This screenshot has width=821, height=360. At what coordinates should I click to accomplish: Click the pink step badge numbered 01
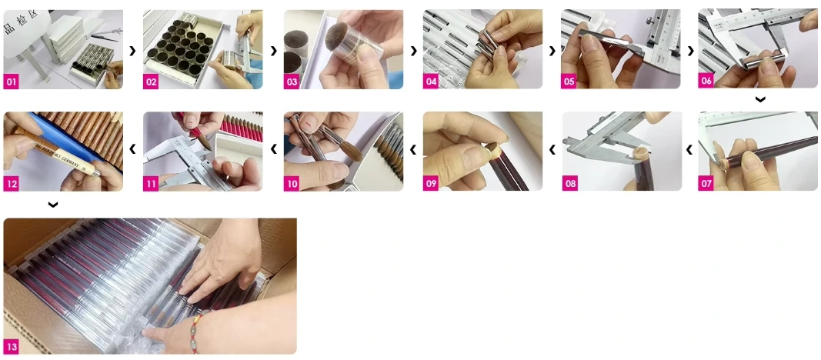tap(11, 82)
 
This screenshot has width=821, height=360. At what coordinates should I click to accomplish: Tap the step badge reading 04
tap(431, 82)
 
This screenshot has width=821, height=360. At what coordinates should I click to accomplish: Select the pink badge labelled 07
tap(706, 183)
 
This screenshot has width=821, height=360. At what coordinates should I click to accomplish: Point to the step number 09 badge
tap(431, 183)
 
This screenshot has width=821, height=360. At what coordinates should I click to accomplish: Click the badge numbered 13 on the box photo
tap(11, 347)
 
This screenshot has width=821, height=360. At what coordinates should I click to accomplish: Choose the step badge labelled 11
tap(151, 183)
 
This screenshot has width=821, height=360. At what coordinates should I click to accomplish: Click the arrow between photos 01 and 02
tap(132, 51)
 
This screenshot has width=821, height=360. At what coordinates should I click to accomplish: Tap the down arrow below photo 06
tap(759, 100)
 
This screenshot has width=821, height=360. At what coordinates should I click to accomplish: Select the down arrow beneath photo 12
tap(52, 205)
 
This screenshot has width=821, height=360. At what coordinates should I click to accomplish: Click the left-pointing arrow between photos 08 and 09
tap(552, 150)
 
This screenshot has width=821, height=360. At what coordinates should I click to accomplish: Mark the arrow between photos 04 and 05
tap(552, 51)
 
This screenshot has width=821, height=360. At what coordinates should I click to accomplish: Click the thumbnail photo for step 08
tap(621, 151)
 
